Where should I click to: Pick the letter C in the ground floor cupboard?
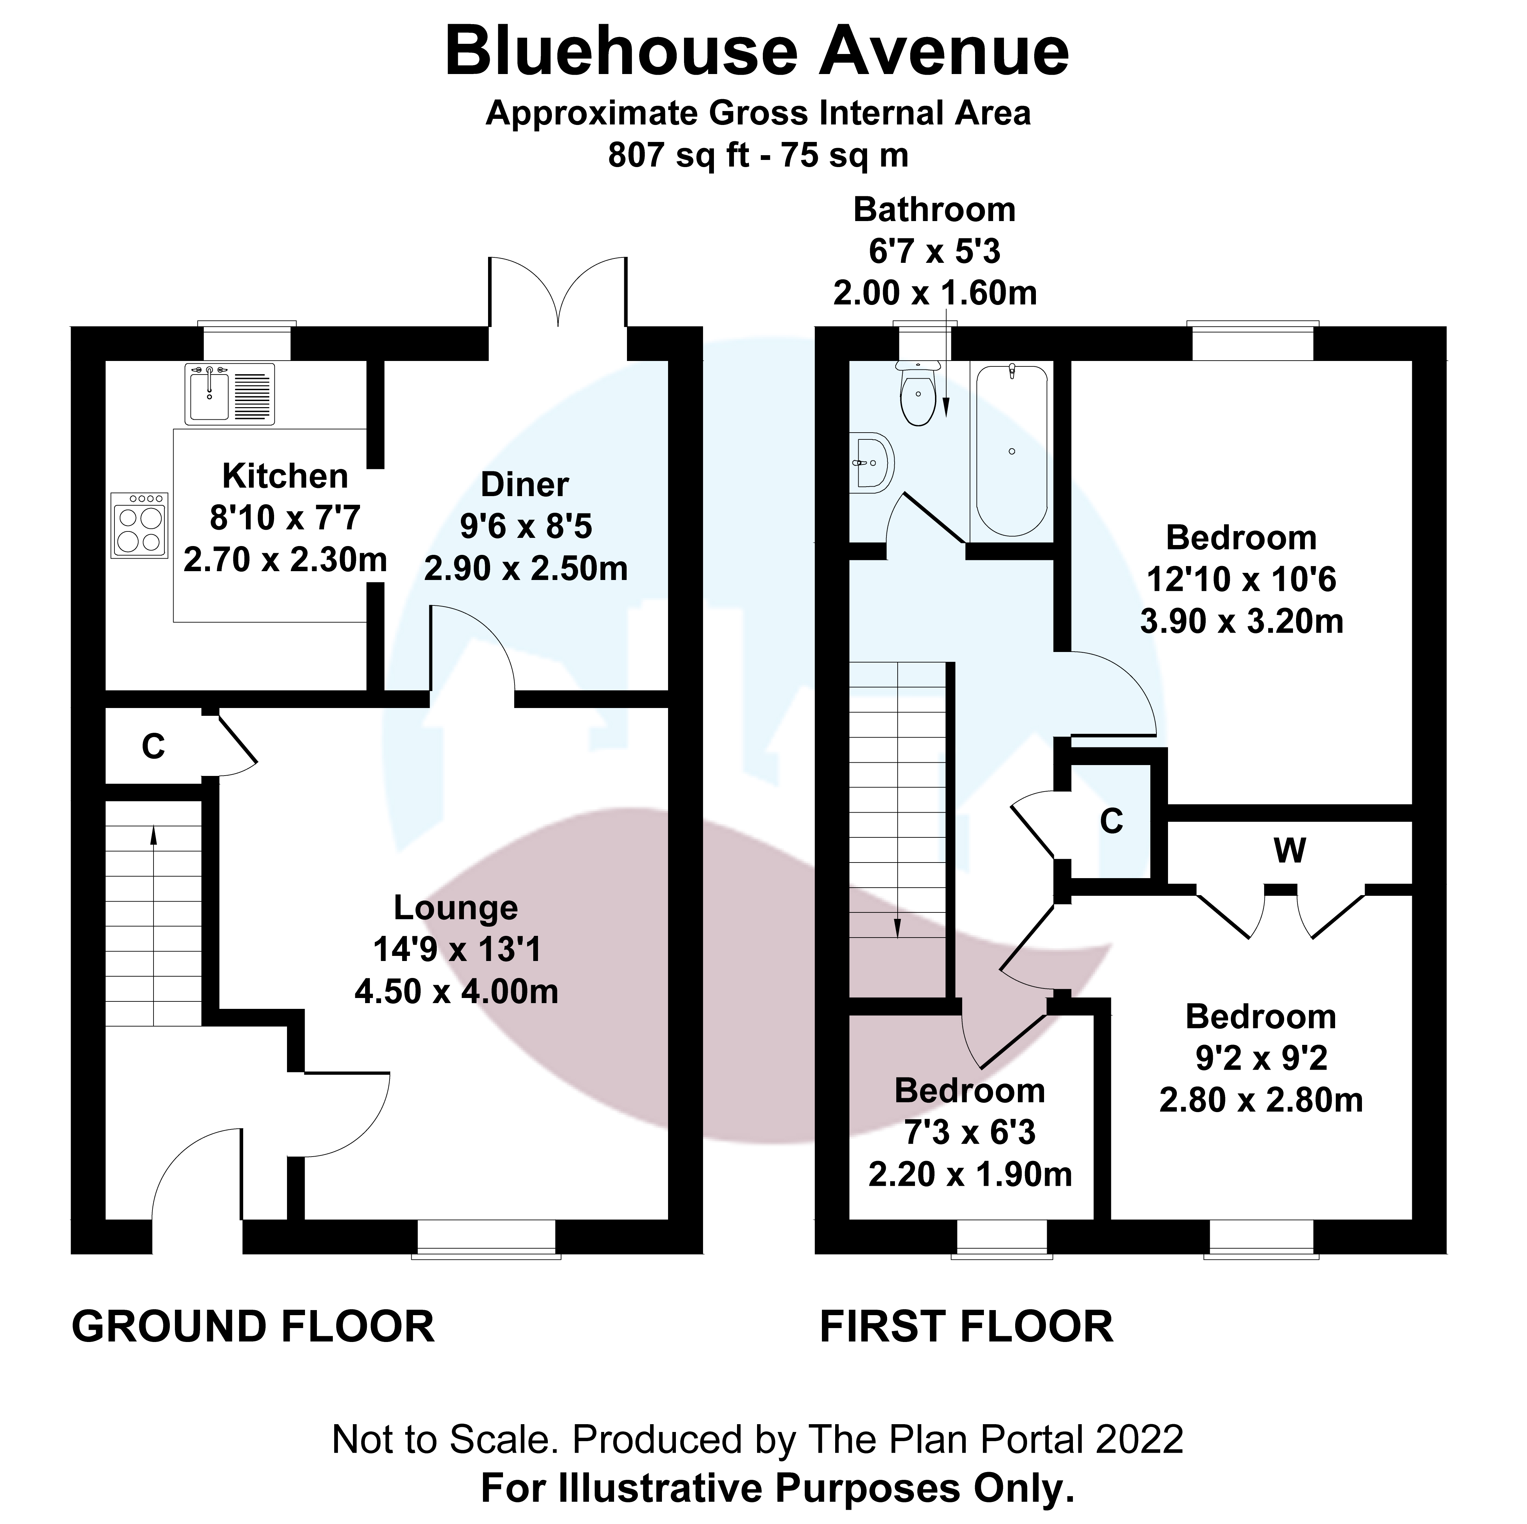click(153, 747)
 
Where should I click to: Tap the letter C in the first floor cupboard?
click(1111, 822)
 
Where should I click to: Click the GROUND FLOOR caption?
click(253, 1326)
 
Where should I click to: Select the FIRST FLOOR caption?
click(966, 1326)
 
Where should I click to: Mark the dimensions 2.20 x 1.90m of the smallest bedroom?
click(970, 1175)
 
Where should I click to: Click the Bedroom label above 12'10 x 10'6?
click(1241, 538)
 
